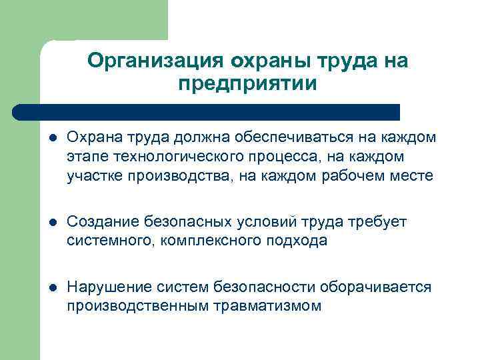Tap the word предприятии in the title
[247, 85]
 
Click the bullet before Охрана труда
[53, 139]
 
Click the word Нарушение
[105, 287]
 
